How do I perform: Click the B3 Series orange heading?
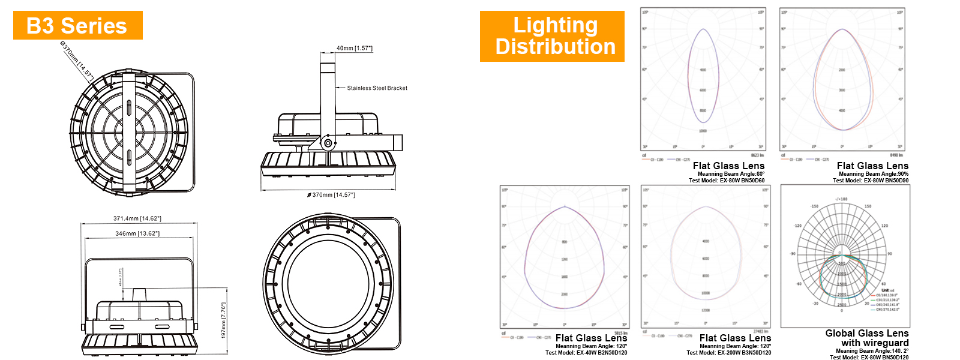coord(77,26)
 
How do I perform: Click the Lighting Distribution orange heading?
coord(553,36)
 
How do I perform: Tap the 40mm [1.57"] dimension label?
coord(355,48)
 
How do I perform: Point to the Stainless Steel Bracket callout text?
coord(377,88)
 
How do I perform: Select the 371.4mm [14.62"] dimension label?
coord(137,218)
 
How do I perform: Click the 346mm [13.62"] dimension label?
coord(137,233)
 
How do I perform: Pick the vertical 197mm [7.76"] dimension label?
coord(223,320)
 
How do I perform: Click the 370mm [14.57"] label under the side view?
coord(331,195)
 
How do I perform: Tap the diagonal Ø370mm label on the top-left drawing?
coord(77,60)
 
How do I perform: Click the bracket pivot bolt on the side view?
coord(328,143)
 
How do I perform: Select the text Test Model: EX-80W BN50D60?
coord(727,180)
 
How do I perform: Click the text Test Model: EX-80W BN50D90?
coord(871,180)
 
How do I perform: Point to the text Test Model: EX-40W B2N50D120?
coord(586,353)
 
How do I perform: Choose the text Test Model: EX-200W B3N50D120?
coord(729,353)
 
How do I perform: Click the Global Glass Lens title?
coord(866,333)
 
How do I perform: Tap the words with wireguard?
coord(875,343)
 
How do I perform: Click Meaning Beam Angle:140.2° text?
coord(872,351)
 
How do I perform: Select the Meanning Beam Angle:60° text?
coord(731,174)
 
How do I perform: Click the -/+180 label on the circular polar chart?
coord(841,199)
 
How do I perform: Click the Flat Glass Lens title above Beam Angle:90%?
coord(872,166)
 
